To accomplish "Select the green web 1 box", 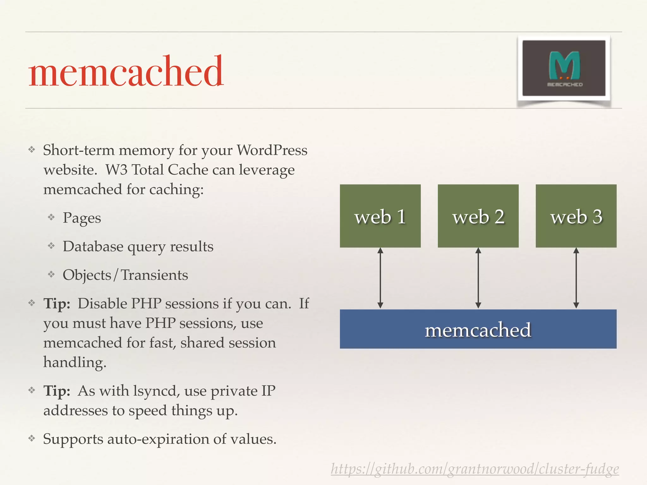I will point(380,216).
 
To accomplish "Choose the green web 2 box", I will point(478,216).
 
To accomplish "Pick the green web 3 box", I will point(576,216).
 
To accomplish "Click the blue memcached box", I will point(478,329).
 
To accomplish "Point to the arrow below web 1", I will point(380,278).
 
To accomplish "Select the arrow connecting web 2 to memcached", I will point(478,278).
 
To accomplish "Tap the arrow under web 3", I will point(576,278).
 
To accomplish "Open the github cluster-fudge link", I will point(475,469).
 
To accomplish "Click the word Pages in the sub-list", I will point(82,218).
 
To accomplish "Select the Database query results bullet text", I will point(138,247).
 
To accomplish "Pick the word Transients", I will point(154,275).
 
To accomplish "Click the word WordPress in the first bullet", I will point(272,150).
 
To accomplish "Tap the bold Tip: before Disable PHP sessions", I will point(57,304).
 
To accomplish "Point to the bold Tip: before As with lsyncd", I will point(57,391).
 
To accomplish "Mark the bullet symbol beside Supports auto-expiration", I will point(32,438).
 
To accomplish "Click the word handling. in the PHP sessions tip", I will point(75,362).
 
